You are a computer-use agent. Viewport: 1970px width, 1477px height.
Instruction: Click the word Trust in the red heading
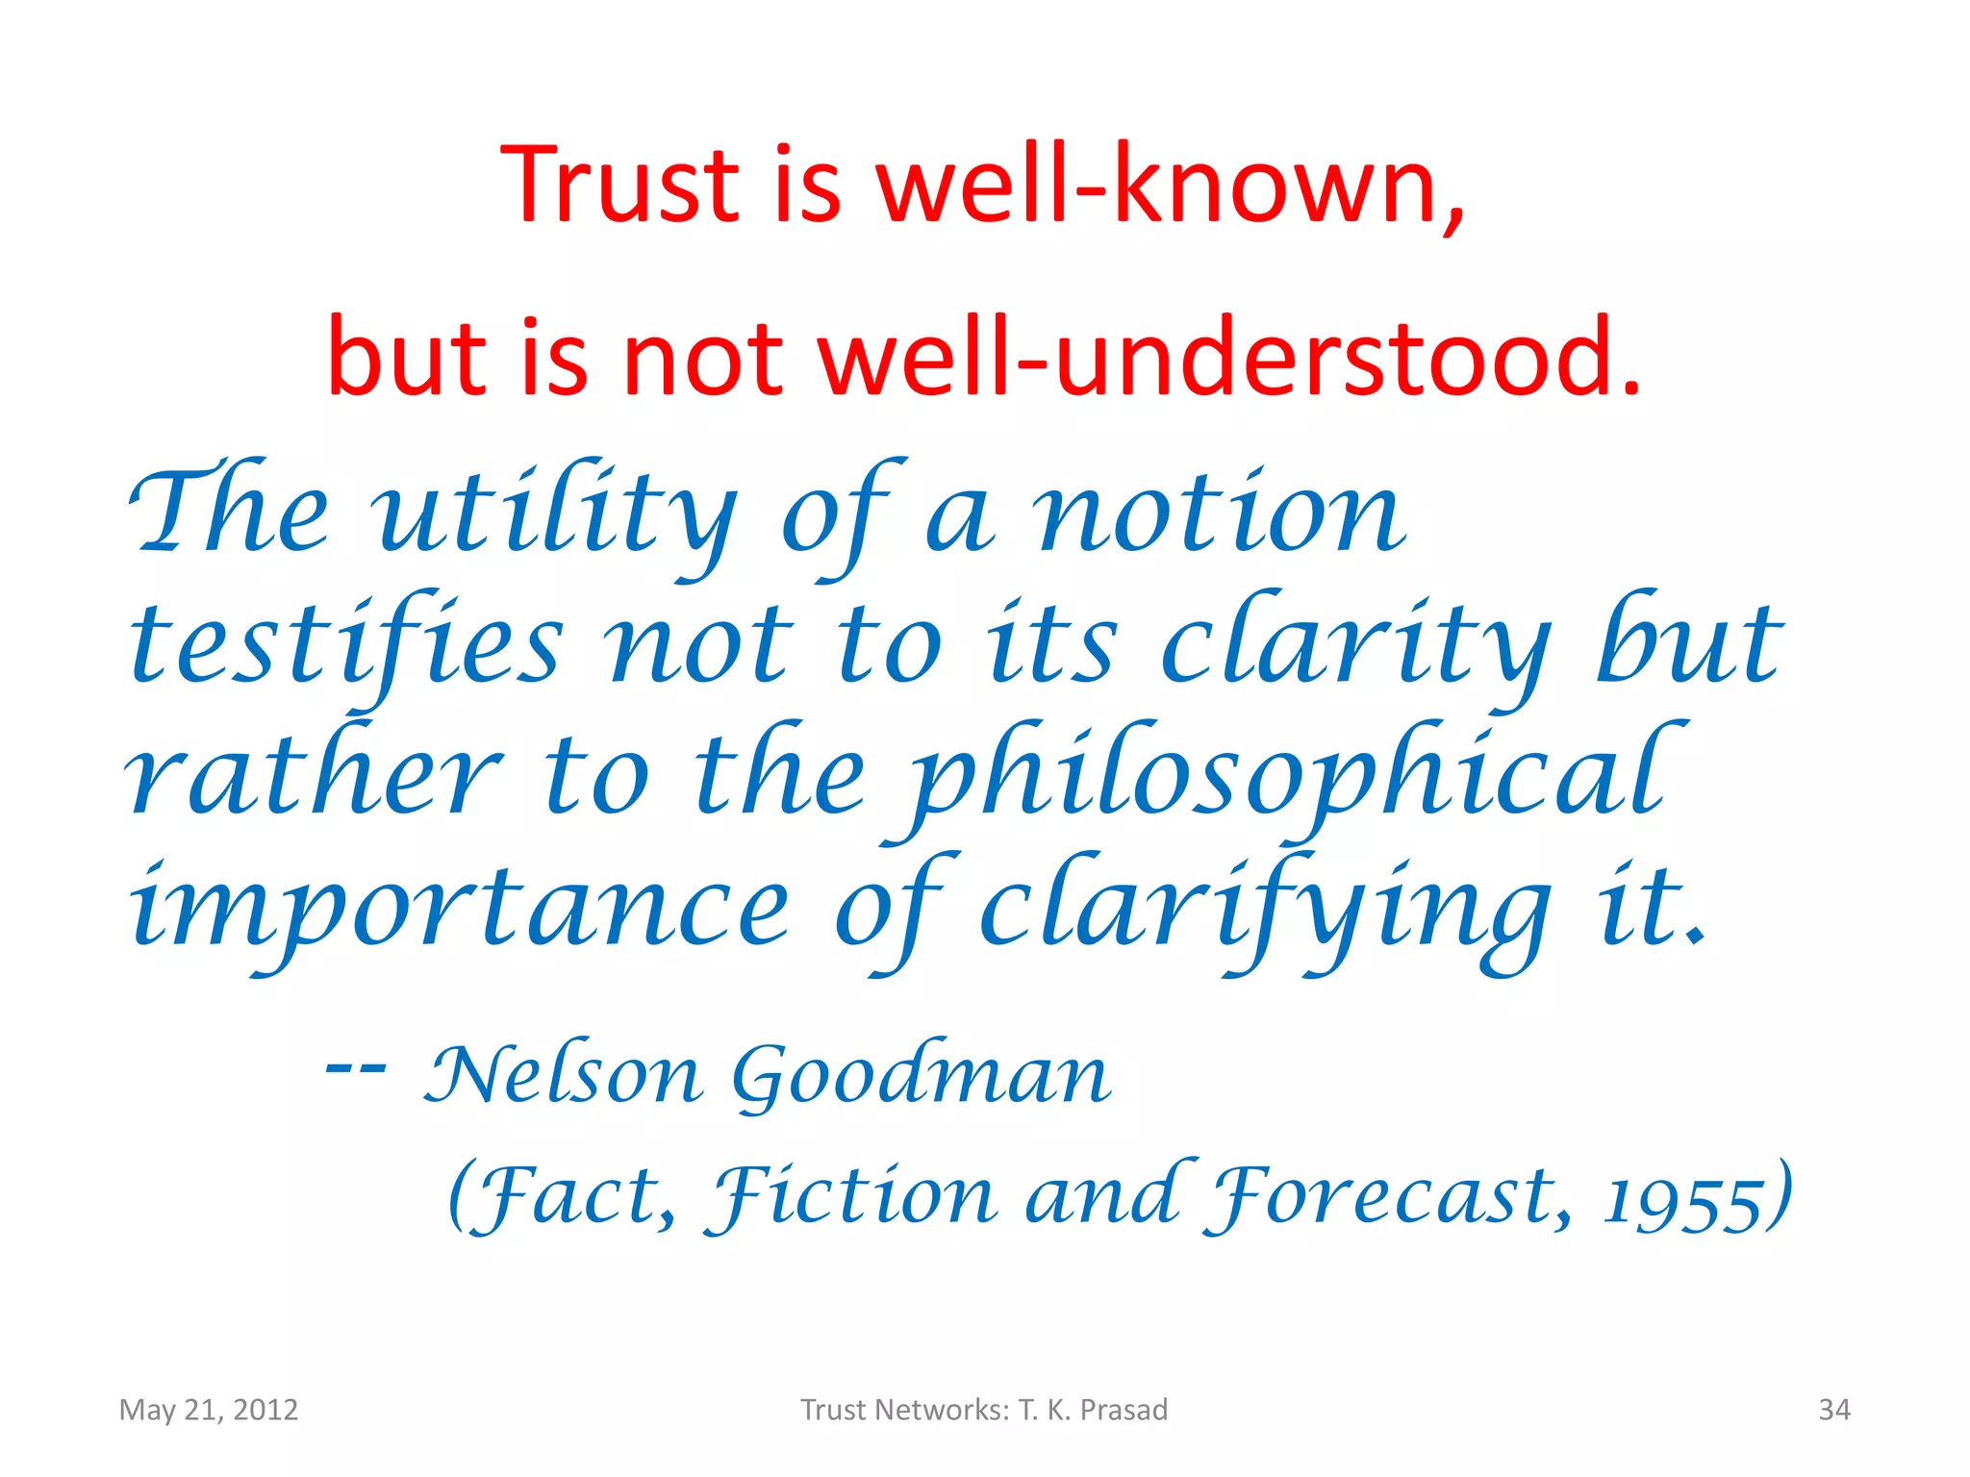tap(619, 185)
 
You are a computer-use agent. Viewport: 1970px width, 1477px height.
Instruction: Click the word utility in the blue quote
tap(558, 514)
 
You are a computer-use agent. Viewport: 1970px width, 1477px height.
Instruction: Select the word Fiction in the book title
tap(852, 1197)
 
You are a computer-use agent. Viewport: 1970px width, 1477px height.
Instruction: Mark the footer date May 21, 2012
tap(209, 1410)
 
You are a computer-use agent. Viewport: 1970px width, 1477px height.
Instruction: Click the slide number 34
tap(1834, 1410)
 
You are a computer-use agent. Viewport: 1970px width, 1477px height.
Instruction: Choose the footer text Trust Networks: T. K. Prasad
tap(984, 1410)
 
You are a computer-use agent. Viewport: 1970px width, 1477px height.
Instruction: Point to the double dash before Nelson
tap(356, 1067)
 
